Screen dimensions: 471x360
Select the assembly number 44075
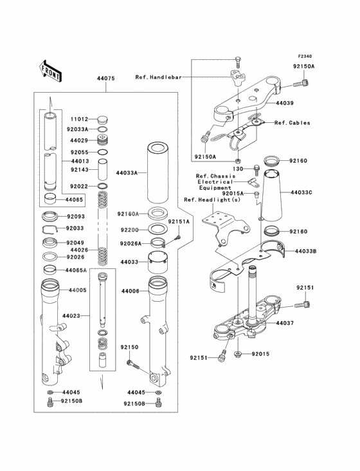(x=105, y=78)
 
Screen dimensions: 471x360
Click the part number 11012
(x=79, y=119)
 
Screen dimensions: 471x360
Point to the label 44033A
(x=127, y=173)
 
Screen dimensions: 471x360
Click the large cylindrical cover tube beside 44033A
(x=158, y=171)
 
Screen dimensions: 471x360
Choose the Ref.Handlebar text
(x=158, y=77)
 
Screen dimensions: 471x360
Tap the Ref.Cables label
(x=292, y=122)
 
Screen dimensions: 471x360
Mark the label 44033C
(x=301, y=192)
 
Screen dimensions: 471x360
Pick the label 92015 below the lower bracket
(x=262, y=354)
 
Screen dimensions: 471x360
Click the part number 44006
(x=131, y=291)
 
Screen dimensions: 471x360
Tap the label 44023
(x=73, y=316)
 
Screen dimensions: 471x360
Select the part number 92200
(x=129, y=229)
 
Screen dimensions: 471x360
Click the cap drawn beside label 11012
(x=101, y=119)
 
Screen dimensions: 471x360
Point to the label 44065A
(x=75, y=271)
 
